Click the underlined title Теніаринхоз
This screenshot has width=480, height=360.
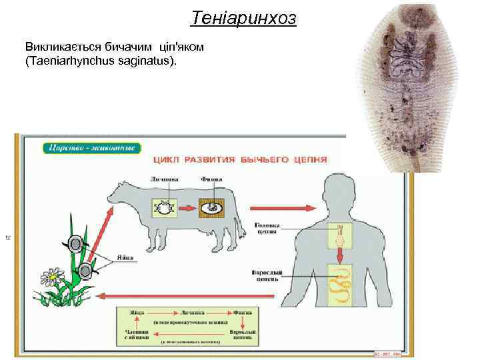click(x=243, y=18)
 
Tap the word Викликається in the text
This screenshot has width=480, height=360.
click(x=57, y=48)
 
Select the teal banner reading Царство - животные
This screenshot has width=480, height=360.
click(x=92, y=147)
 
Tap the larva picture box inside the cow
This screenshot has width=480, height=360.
click(x=162, y=209)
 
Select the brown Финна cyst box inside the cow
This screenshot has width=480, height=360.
click(x=212, y=209)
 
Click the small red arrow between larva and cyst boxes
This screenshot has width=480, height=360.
click(x=187, y=209)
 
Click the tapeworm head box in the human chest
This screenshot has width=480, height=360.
click(x=339, y=233)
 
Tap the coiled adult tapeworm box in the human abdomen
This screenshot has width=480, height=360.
click(x=339, y=283)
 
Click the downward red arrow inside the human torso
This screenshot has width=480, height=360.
click(x=339, y=255)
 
